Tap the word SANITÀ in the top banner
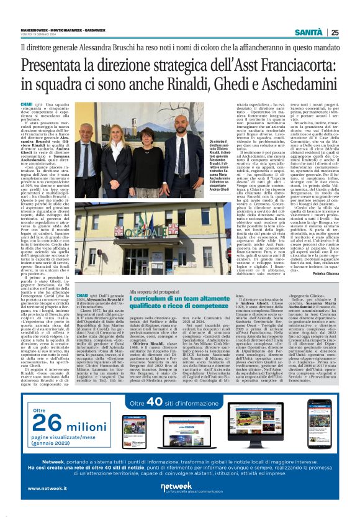[x=308, y=32]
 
